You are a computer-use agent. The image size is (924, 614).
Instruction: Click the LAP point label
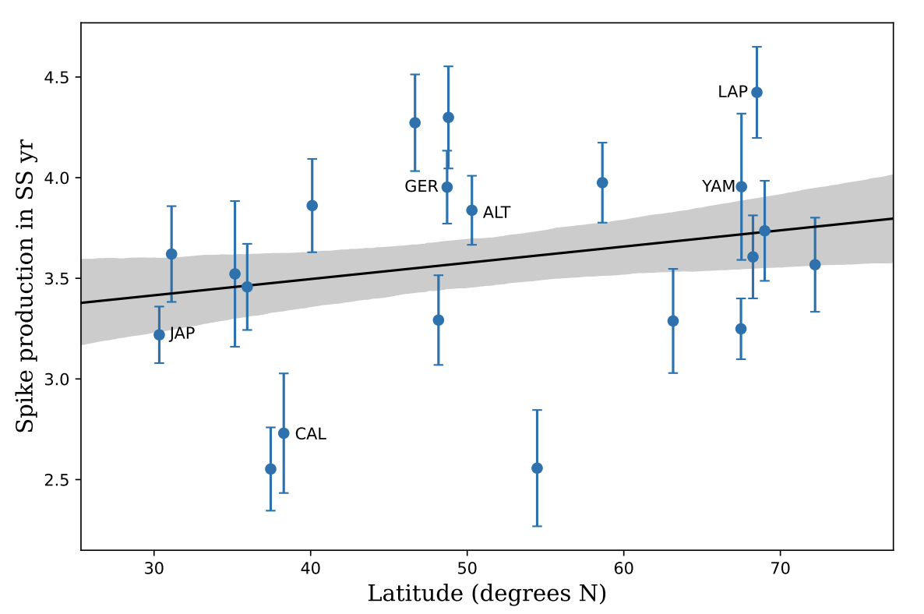[x=732, y=93]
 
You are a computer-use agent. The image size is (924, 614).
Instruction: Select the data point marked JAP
[x=159, y=335]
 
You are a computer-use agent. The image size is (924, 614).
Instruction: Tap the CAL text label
[x=310, y=435]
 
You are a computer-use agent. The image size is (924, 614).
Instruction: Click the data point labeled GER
[x=447, y=187]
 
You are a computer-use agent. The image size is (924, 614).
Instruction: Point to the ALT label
[x=496, y=213]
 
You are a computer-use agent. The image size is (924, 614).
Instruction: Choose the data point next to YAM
[x=742, y=187]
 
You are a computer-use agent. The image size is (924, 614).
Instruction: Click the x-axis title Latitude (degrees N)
[x=487, y=594]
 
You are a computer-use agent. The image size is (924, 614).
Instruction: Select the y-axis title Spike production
[x=26, y=312]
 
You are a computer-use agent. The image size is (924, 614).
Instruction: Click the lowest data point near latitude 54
[x=537, y=468]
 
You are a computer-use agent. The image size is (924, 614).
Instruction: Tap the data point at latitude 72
[x=815, y=265]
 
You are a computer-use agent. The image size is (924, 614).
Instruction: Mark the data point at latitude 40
[x=312, y=206]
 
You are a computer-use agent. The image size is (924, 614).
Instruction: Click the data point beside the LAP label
[x=756, y=92]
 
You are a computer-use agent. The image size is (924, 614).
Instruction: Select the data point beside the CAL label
[x=284, y=433]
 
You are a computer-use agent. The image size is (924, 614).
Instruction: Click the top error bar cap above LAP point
[x=756, y=47]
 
